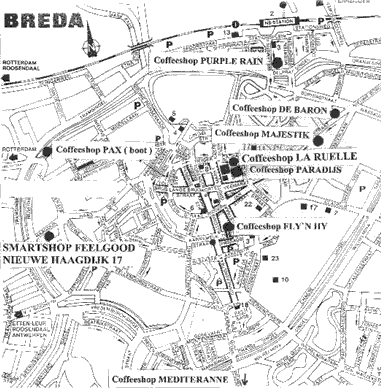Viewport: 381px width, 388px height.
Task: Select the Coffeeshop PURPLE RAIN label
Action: click(x=209, y=60)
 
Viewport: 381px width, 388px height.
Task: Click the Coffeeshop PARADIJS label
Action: click(x=287, y=170)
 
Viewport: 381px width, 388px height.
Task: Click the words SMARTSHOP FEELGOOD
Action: click(x=69, y=246)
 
